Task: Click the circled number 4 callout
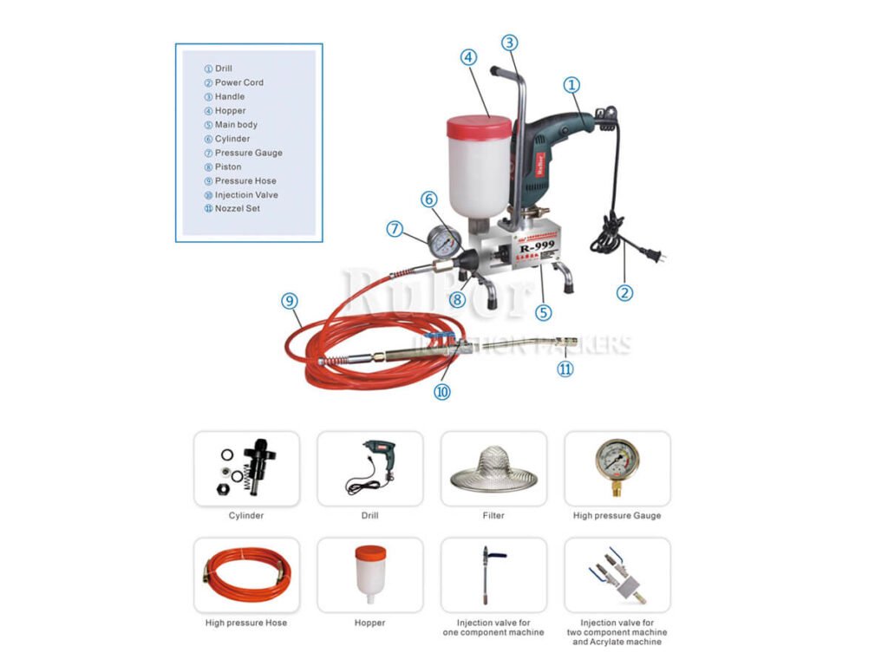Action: pos(468,57)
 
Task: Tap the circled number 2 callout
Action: pos(624,292)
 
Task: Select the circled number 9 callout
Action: pos(290,301)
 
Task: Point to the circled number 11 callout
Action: pos(565,369)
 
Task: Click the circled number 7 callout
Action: pos(395,229)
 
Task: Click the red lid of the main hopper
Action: pos(479,127)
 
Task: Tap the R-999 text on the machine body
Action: pos(538,245)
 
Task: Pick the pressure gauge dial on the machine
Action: pos(446,241)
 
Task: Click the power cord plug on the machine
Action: pos(652,255)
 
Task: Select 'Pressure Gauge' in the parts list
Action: pos(248,153)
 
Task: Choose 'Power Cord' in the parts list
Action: pos(238,82)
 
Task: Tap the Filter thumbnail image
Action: pos(493,469)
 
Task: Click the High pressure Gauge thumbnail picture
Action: pos(617,467)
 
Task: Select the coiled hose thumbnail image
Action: pos(246,575)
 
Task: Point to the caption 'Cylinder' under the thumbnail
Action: pos(246,516)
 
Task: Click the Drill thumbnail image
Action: pos(370,469)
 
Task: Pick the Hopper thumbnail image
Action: pos(370,575)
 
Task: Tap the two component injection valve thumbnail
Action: pos(617,575)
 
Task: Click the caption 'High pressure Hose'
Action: pos(246,623)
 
